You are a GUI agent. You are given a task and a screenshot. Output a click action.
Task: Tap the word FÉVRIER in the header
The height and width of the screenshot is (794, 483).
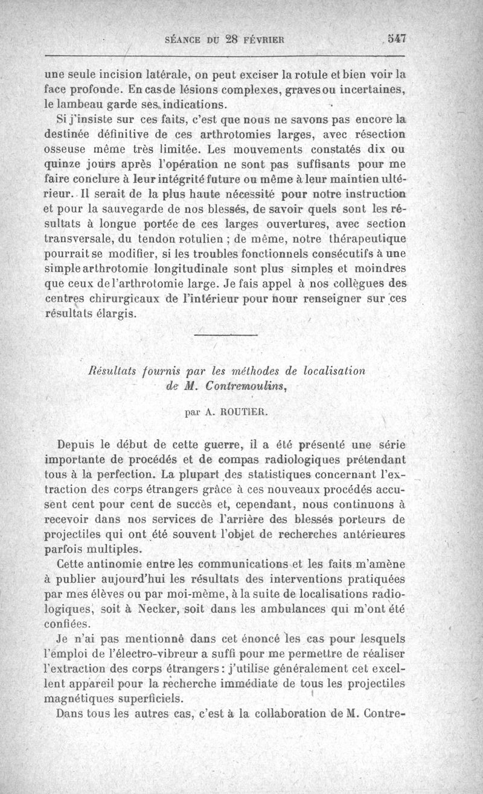click(x=264, y=40)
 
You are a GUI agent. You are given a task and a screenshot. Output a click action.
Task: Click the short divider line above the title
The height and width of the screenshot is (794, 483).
click(x=226, y=335)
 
